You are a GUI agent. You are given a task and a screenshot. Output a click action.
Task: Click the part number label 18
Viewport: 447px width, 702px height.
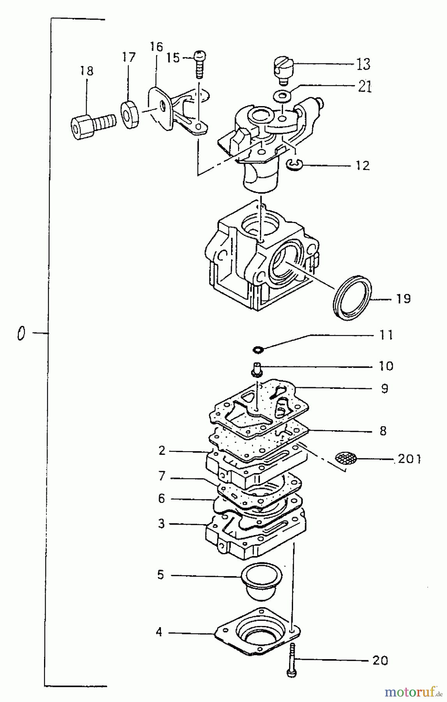pyautogui.click(x=87, y=71)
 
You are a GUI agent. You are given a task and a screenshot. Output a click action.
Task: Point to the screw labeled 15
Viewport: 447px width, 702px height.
pyautogui.click(x=200, y=64)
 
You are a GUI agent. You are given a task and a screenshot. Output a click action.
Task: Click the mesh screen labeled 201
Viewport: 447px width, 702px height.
pyautogui.click(x=346, y=458)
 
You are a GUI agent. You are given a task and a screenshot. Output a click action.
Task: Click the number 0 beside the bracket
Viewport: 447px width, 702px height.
pyautogui.click(x=21, y=334)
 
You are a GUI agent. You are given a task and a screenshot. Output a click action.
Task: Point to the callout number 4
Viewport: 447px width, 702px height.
pyautogui.click(x=159, y=631)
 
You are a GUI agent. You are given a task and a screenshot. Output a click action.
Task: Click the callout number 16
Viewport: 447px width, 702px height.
pyautogui.click(x=156, y=47)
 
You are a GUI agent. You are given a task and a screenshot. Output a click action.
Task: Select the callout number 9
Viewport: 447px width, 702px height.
pyautogui.click(x=385, y=388)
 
